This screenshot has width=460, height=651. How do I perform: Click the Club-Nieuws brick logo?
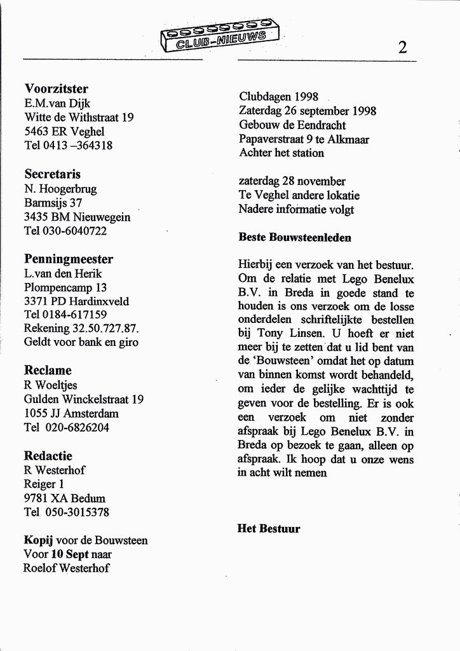(219, 35)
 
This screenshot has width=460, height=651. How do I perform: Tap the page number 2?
(402, 47)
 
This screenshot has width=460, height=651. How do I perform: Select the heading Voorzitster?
(56, 88)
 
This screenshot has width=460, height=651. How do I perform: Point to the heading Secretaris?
(52, 174)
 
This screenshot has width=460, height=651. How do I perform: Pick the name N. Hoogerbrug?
(60, 188)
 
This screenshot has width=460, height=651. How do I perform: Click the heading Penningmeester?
(69, 259)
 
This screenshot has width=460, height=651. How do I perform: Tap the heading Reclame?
(48, 370)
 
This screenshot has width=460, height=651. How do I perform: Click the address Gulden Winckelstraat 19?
(84, 399)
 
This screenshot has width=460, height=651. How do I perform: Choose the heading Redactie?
(48, 456)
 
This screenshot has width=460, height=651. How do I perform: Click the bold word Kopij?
(38, 540)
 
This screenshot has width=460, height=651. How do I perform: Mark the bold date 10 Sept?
(71, 554)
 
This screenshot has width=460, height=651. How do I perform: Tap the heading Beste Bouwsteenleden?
(295, 238)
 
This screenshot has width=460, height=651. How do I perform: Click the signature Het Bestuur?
(269, 528)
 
